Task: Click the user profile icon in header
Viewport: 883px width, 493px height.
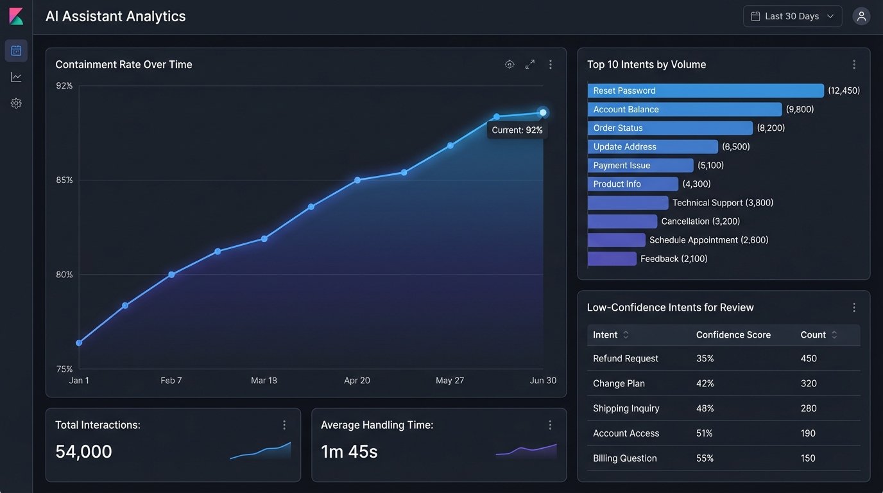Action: point(861,17)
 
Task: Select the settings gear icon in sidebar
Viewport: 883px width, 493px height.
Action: point(16,103)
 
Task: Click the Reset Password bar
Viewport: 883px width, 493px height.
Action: point(705,91)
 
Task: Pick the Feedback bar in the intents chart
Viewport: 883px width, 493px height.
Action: point(612,259)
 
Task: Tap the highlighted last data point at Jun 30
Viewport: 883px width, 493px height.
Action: point(543,112)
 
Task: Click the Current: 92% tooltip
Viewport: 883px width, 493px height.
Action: point(517,130)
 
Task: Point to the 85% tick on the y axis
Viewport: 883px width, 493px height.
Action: point(65,180)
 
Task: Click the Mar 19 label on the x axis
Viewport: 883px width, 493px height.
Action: point(264,381)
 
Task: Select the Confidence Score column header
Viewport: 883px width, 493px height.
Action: point(733,335)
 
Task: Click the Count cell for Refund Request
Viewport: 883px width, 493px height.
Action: point(809,359)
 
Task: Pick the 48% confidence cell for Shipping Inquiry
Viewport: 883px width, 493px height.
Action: point(705,409)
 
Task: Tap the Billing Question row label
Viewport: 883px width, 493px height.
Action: point(624,458)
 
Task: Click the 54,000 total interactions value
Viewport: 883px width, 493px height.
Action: point(83,452)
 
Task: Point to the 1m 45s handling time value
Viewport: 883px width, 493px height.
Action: point(349,452)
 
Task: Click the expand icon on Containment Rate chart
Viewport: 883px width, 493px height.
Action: point(529,65)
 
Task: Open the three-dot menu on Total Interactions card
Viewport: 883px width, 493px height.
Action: point(284,425)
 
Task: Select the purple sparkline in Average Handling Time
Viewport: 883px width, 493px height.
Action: point(526,450)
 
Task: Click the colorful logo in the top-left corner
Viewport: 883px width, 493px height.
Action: point(16,17)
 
